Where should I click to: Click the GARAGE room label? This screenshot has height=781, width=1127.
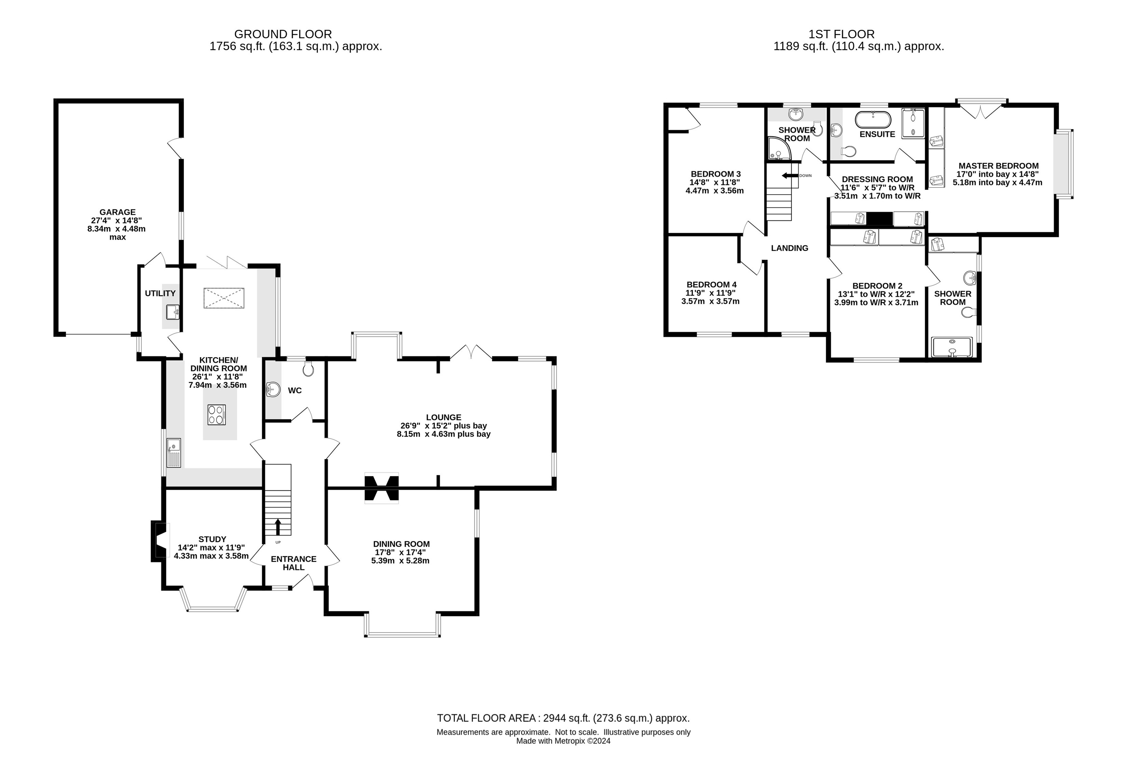(x=117, y=212)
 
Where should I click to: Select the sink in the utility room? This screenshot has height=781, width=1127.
(x=172, y=312)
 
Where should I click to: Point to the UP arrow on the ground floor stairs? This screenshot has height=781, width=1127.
(x=278, y=527)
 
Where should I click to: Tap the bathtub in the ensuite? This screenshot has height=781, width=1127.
(x=873, y=120)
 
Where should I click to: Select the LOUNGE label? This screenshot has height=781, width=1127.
(x=443, y=417)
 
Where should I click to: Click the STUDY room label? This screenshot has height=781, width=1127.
(x=212, y=539)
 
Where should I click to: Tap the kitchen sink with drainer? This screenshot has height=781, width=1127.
(x=174, y=452)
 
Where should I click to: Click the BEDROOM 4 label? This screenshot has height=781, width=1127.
(x=711, y=284)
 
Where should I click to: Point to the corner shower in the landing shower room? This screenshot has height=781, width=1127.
(x=778, y=148)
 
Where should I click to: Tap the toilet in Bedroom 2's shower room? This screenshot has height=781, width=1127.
(x=969, y=312)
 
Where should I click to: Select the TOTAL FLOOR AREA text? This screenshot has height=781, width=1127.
(x=563, y=718)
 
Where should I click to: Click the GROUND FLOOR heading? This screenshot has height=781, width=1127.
(x=283, y=34)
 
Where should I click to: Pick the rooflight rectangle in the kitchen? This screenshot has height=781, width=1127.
(x=224, y=298)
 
